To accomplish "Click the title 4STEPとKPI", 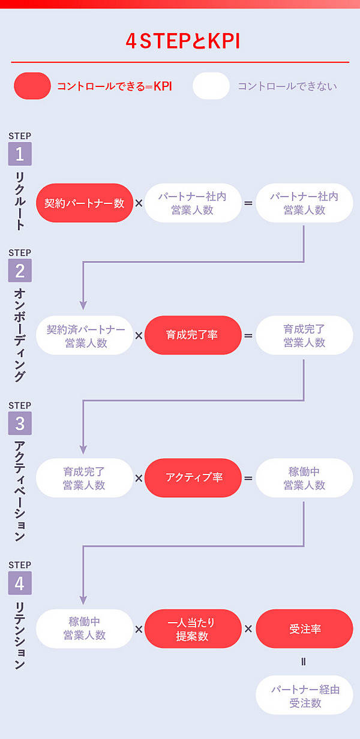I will click(180, 40).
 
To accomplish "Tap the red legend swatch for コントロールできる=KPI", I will click(32, 86).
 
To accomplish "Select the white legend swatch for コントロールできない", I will click(211, 86).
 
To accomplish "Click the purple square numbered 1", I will click(20, 154).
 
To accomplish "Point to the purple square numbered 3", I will click(20, 423).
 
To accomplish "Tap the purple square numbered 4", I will click(20, 583).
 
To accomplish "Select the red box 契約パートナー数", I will click(84, 203).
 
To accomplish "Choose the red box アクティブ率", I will click(193, 477).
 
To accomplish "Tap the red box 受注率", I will click(304, 629).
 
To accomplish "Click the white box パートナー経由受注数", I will click(304, 696).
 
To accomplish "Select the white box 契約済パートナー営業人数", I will click(85, 335).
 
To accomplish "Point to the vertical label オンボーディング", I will click(20, 334).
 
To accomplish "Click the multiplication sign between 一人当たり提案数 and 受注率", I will click(248, 629).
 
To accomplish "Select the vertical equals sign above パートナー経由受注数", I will click(304, 662).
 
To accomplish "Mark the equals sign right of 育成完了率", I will click(248, 335).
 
